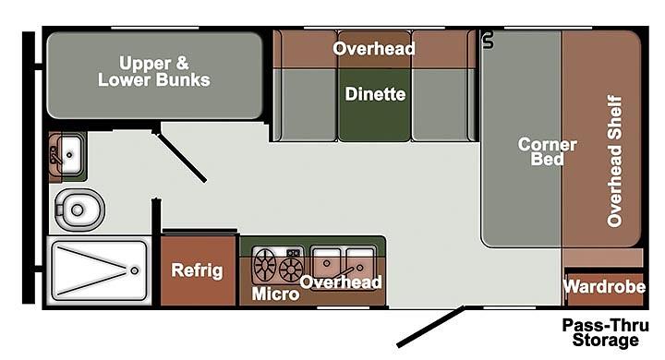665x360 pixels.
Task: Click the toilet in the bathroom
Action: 79,210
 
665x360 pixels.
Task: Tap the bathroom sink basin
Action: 71,155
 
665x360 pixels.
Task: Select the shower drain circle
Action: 135,270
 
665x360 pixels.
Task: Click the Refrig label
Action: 197,270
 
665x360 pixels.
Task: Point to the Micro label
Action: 275,294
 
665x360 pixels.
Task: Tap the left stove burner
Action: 265,265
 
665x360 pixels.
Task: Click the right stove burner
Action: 291,270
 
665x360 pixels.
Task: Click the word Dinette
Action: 375,94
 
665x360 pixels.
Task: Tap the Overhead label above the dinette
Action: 374,49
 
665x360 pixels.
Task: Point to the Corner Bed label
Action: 547,151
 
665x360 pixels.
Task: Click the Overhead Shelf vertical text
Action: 614,162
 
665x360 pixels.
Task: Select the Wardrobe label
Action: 605,287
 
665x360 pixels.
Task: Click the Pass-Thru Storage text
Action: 606,333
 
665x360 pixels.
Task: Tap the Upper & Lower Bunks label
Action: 154,72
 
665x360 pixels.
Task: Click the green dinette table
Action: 374,104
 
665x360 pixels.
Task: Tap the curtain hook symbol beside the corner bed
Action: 489,40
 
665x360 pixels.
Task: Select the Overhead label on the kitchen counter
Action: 341,282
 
